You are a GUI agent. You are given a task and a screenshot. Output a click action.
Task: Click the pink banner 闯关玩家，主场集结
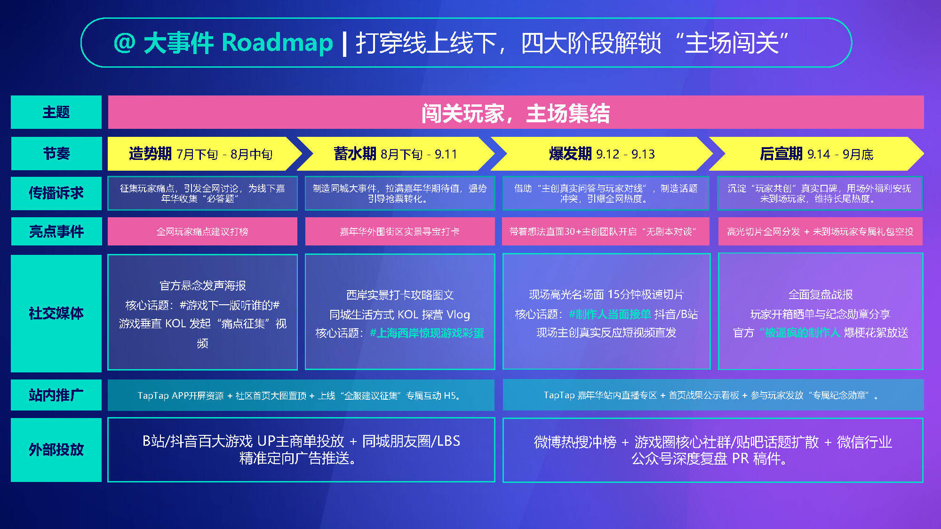(516, 112)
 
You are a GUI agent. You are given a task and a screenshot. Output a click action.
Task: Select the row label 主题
(56, 112)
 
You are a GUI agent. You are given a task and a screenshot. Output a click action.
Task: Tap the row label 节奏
(56, 154)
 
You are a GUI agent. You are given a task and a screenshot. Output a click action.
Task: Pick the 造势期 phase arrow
(202, 154)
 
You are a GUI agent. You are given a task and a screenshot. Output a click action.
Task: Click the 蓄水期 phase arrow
(395, 154)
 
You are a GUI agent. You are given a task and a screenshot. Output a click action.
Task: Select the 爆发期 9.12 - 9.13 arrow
(602, 154)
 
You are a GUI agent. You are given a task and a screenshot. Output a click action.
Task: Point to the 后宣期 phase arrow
(816, 154)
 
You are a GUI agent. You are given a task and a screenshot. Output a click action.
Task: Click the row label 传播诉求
(56, 193)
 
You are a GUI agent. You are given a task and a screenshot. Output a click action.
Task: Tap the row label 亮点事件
(56, 231)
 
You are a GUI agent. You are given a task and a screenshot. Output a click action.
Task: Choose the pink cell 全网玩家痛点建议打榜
(202, 231)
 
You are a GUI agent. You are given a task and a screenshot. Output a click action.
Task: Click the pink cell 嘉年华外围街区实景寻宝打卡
(400, 231)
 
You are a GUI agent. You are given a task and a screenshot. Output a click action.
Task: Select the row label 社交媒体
(56, 313)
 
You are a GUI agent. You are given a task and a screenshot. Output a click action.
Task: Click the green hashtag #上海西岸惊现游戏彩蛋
(427, 333)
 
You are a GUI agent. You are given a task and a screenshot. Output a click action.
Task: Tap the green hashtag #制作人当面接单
(610, 314)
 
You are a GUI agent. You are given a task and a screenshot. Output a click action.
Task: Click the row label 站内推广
(56, 395)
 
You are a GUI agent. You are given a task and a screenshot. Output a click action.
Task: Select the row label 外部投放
(56, 450)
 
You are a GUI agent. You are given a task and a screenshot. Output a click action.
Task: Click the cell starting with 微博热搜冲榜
(713, 450)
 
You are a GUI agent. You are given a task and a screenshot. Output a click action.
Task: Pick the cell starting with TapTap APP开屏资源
(301, 395)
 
